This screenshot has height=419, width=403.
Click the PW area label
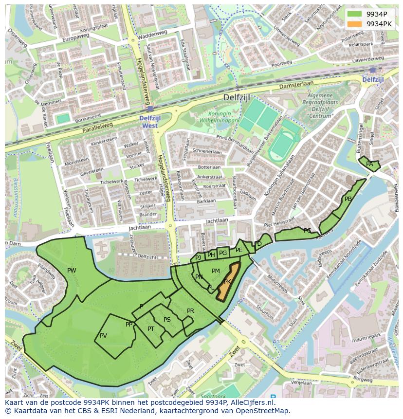click(x=72, y=271)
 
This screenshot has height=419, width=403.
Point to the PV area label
click(x=103, y=336)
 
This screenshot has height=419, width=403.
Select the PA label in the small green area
click(x=369, y=164)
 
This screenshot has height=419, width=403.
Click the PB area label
click(x=348, y=199)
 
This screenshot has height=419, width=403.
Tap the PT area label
click(x=151, y=329)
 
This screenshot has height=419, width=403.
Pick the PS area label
click(x=167, y=320)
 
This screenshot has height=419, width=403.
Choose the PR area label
click(x=190, y=311)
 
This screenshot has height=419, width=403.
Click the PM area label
click(x=216, y=271)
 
